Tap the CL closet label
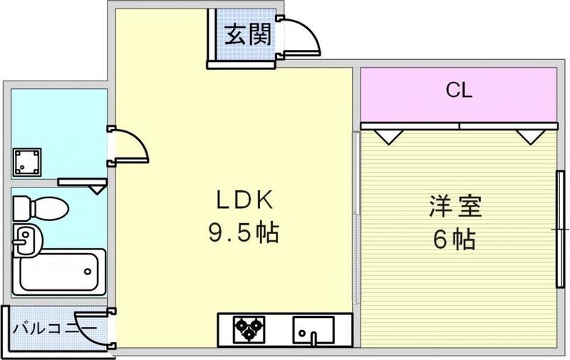(459, 91)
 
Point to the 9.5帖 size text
(244, 232)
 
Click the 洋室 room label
(455, 207)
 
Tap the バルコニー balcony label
(55, 329)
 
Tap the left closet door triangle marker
(387, 135)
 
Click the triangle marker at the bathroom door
(98, 189)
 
